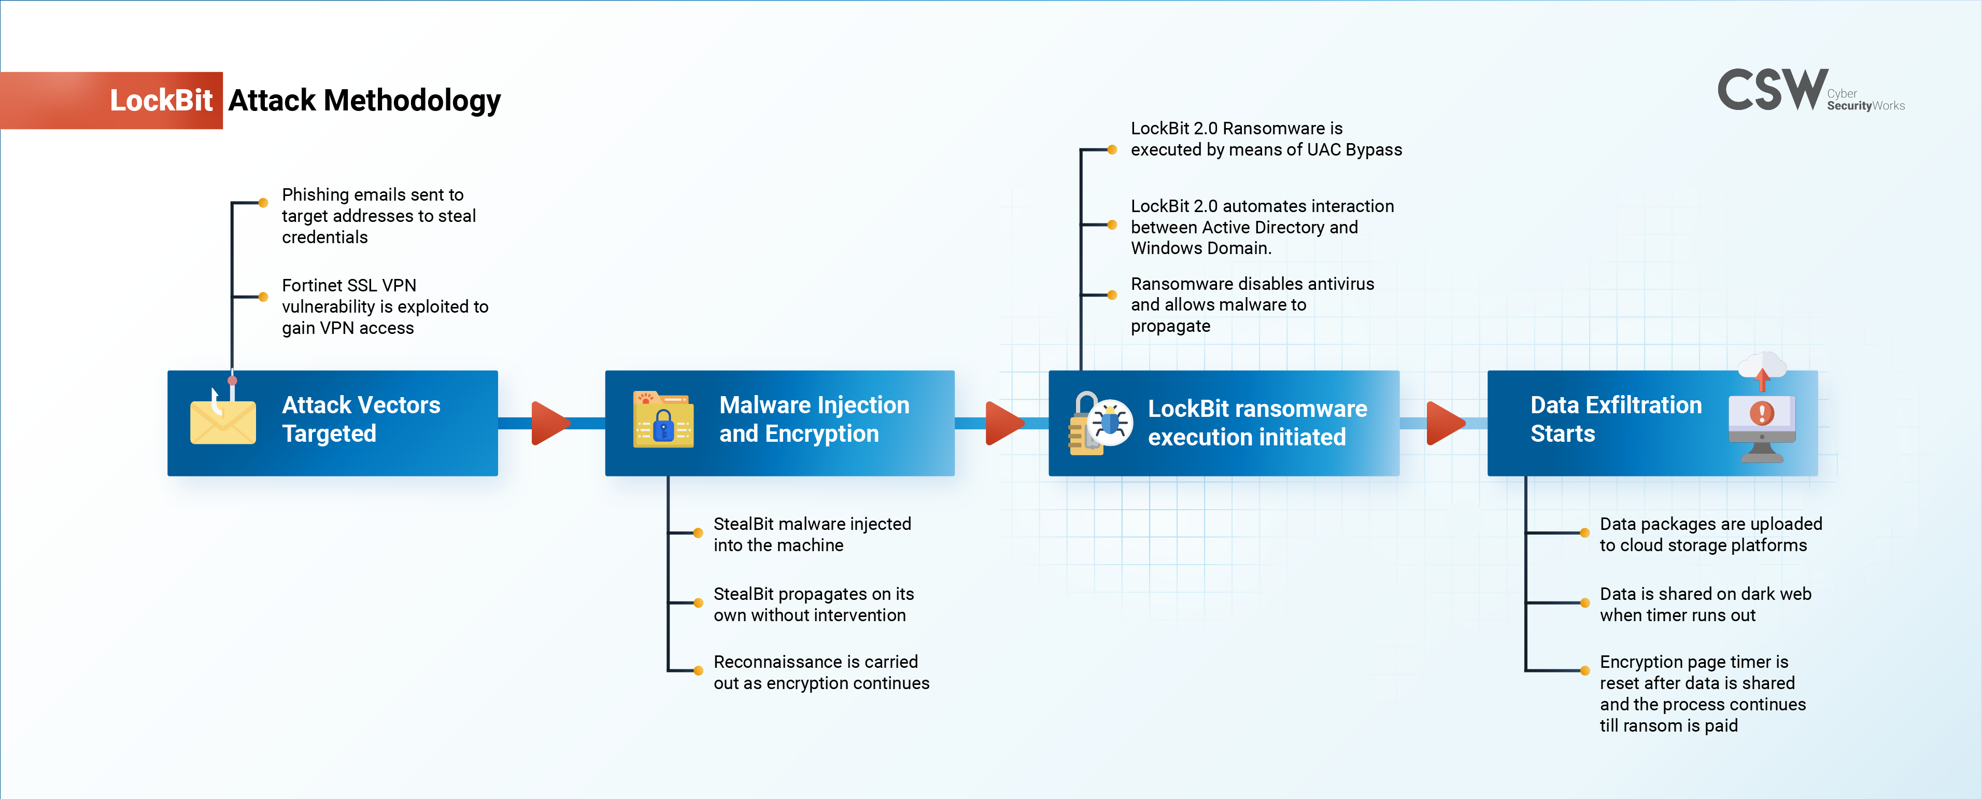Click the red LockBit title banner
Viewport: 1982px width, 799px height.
[x=111, y=100]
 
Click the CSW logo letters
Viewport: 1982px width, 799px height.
[x=1772, y=90]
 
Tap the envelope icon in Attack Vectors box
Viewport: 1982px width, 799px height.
[x=223, y=422]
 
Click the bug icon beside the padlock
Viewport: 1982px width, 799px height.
[x=1110, y=422]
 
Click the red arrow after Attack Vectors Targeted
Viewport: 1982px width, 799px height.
[x=549, y=423]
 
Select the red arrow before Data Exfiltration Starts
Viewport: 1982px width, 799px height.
[x=1444, y=423]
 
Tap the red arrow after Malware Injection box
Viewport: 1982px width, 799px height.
[x=1003, y=423]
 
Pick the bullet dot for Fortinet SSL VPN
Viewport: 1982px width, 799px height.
[x=263, y=297]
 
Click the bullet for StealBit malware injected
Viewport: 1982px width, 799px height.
[x=698, y=532]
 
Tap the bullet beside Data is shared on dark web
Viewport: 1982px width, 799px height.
[x=1585, y=602]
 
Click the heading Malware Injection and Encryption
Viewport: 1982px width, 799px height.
[x=814, y=419]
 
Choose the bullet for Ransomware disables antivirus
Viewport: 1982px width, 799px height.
[x=1112, y=295]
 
